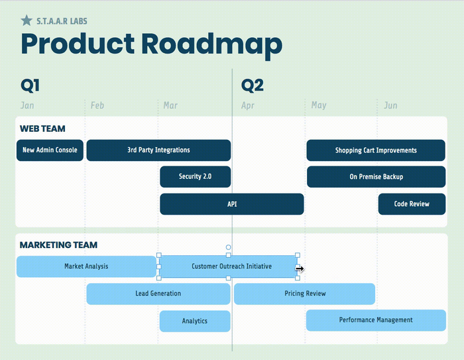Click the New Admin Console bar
[50, 150]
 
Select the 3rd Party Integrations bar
[158, 150]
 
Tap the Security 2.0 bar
[195, 177]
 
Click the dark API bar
[232, 204]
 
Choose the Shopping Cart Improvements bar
[376, 150]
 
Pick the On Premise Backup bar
[376, 177]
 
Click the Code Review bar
[412, 204]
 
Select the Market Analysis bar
[86, 267]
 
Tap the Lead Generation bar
[158, 294]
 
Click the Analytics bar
[195, 321]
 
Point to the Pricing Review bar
[305, 294]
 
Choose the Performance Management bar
[376, 320]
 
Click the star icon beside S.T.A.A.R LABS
[27, 21]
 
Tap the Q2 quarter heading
[252, 86]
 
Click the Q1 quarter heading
[30, 86]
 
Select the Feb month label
[97, 105]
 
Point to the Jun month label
[391, 105]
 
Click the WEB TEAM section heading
[42, 129]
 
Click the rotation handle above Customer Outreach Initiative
[229, 247]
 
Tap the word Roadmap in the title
[211, 44]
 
